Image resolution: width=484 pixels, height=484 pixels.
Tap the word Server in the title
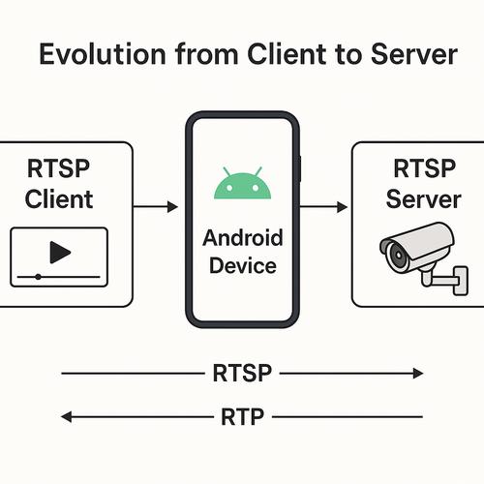point(406,55)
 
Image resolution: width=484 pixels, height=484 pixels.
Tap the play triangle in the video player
point(60,253)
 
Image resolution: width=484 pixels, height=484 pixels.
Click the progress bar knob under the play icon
point(38,277)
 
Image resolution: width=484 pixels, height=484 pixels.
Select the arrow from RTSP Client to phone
point(155,207)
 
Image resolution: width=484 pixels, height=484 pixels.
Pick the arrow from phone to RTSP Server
point(324,207)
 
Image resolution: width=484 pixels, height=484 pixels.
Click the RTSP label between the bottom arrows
point(242,373)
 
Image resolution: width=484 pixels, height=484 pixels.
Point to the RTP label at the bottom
point(242,417)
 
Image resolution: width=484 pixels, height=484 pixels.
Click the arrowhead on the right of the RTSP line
point(418,373)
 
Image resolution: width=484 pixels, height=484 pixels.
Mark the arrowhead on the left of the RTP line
point(66,417)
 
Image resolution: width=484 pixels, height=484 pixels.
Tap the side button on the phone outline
point(300,167)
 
